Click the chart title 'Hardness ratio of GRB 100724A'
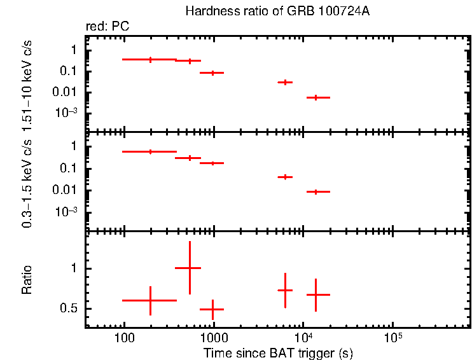[276, 11]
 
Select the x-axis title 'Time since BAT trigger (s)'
[278, 352]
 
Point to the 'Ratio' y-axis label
[27, 280]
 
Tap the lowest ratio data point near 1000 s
[212, 309]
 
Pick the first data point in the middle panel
[150, 151]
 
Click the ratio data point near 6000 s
[285, 290]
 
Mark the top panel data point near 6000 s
[285, 82]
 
